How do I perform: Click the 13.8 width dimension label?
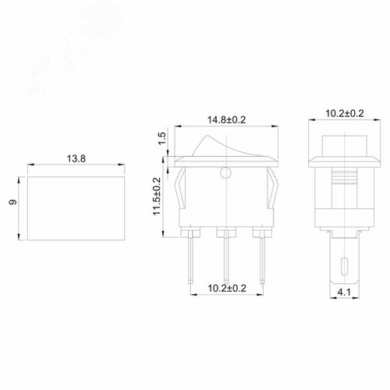point(75,158)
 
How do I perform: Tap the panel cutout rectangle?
point(75,207)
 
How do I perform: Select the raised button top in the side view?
point(337,148)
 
